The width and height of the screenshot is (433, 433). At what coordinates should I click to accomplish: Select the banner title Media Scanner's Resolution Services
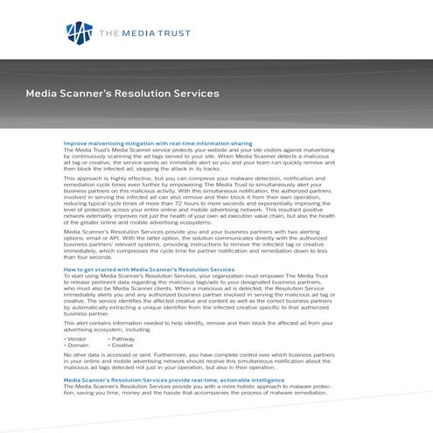point(122,92)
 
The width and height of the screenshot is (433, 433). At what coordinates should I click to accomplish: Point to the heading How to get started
point(149,269)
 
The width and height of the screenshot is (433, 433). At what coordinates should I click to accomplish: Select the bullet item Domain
point(78,344)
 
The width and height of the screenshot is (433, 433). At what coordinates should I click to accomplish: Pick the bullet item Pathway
point(122,337)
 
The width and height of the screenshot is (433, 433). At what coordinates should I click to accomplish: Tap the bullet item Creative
point(122,344)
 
